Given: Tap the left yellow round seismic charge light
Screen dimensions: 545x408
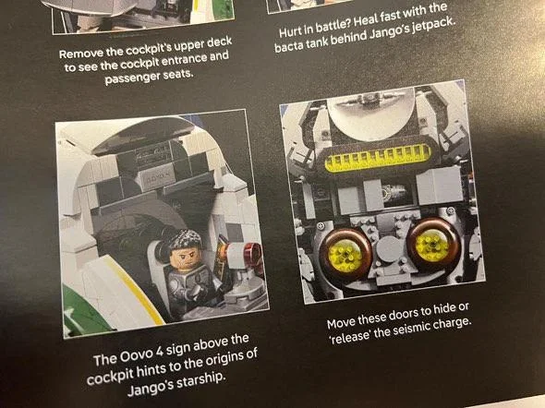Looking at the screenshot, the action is click(345, 257).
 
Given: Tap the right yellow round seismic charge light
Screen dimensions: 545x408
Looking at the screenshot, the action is click(431, 246).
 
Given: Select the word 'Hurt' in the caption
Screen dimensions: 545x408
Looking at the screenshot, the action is click(291, 31).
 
